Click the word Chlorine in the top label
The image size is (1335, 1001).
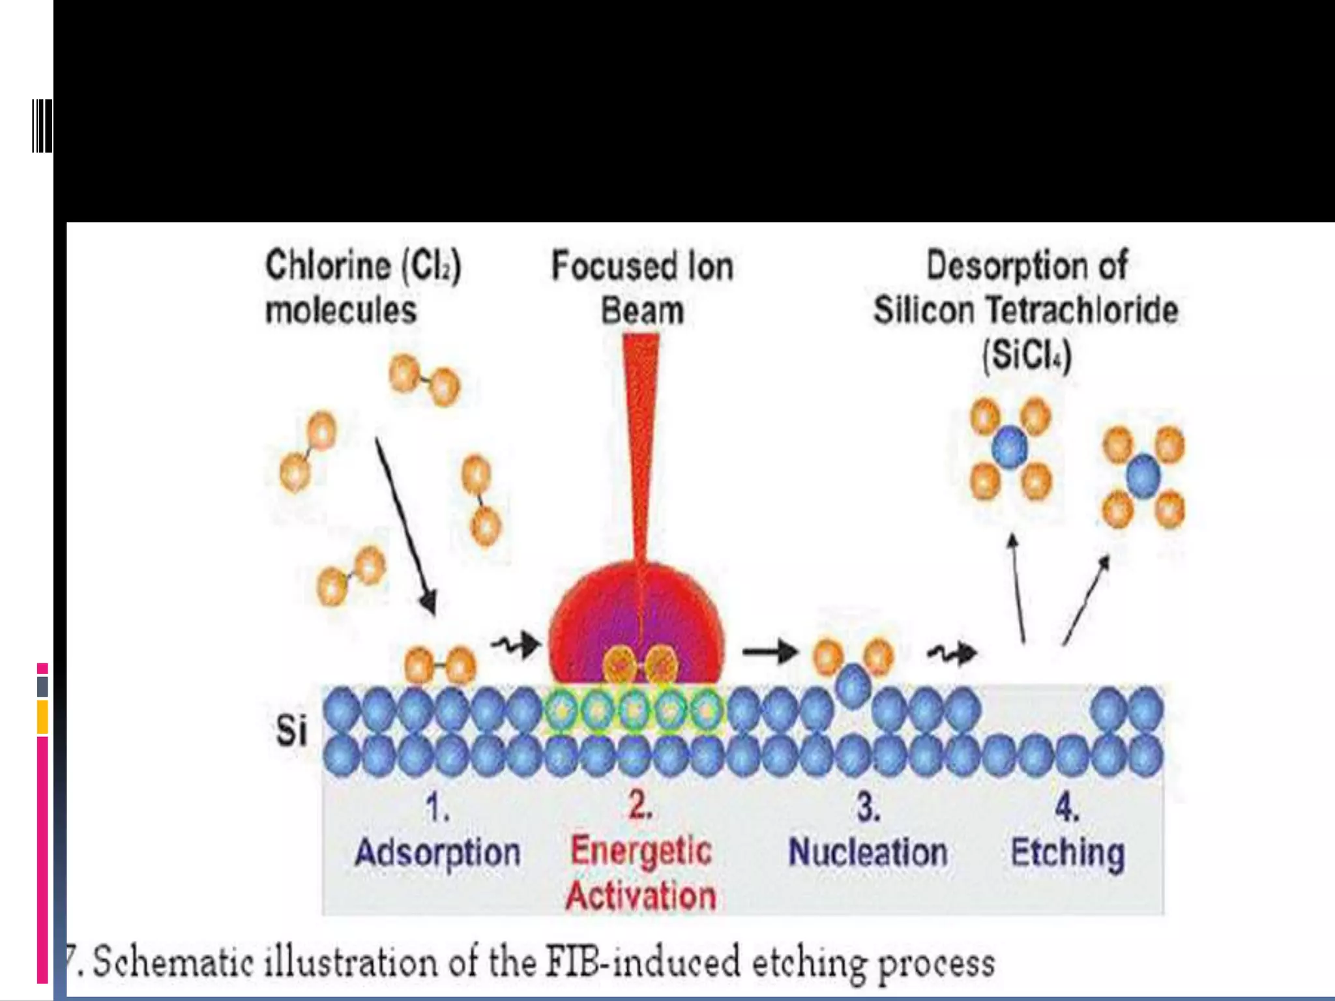click(328, 266)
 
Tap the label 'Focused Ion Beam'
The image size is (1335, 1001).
click(642, 287)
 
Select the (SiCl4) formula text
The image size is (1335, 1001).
click(1027, 356)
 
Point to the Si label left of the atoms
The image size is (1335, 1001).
click(291, 730)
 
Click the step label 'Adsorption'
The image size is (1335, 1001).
click(437, 852)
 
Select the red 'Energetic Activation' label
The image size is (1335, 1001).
click(641, 873)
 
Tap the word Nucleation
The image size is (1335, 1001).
click(868, 852)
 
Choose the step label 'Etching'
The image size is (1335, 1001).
click(1067, 852)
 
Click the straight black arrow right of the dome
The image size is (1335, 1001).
click(770, 650)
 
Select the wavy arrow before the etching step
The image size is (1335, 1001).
click(952, 652)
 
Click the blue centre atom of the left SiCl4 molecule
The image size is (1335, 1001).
click(1010, 448)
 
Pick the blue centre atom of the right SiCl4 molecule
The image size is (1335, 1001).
click(1143, 477)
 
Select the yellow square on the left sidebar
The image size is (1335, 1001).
click(42, 716)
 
